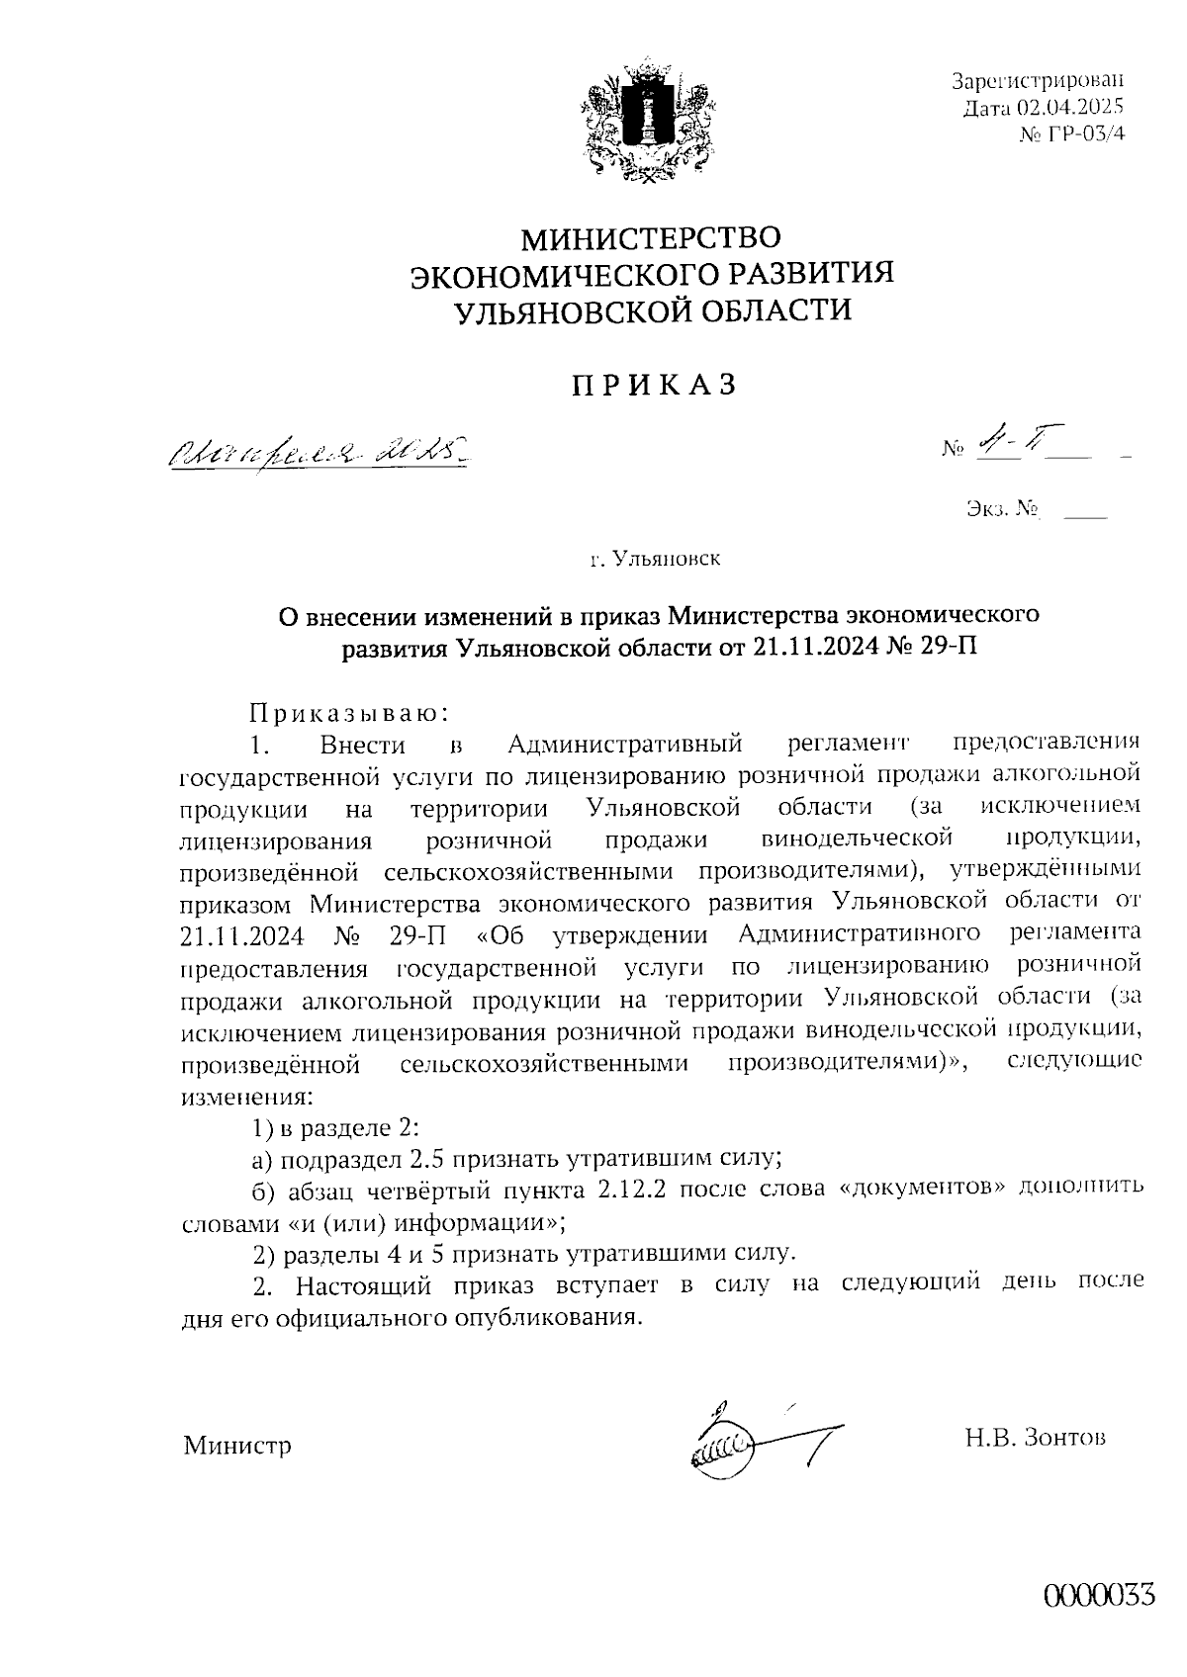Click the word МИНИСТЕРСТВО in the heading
click(651, 238)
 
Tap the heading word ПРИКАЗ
click(654, 386)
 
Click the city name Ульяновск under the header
click(667, 560)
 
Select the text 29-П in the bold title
click(954, 649)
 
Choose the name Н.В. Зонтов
click(1036, 1437)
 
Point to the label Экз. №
click(1000, 510)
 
